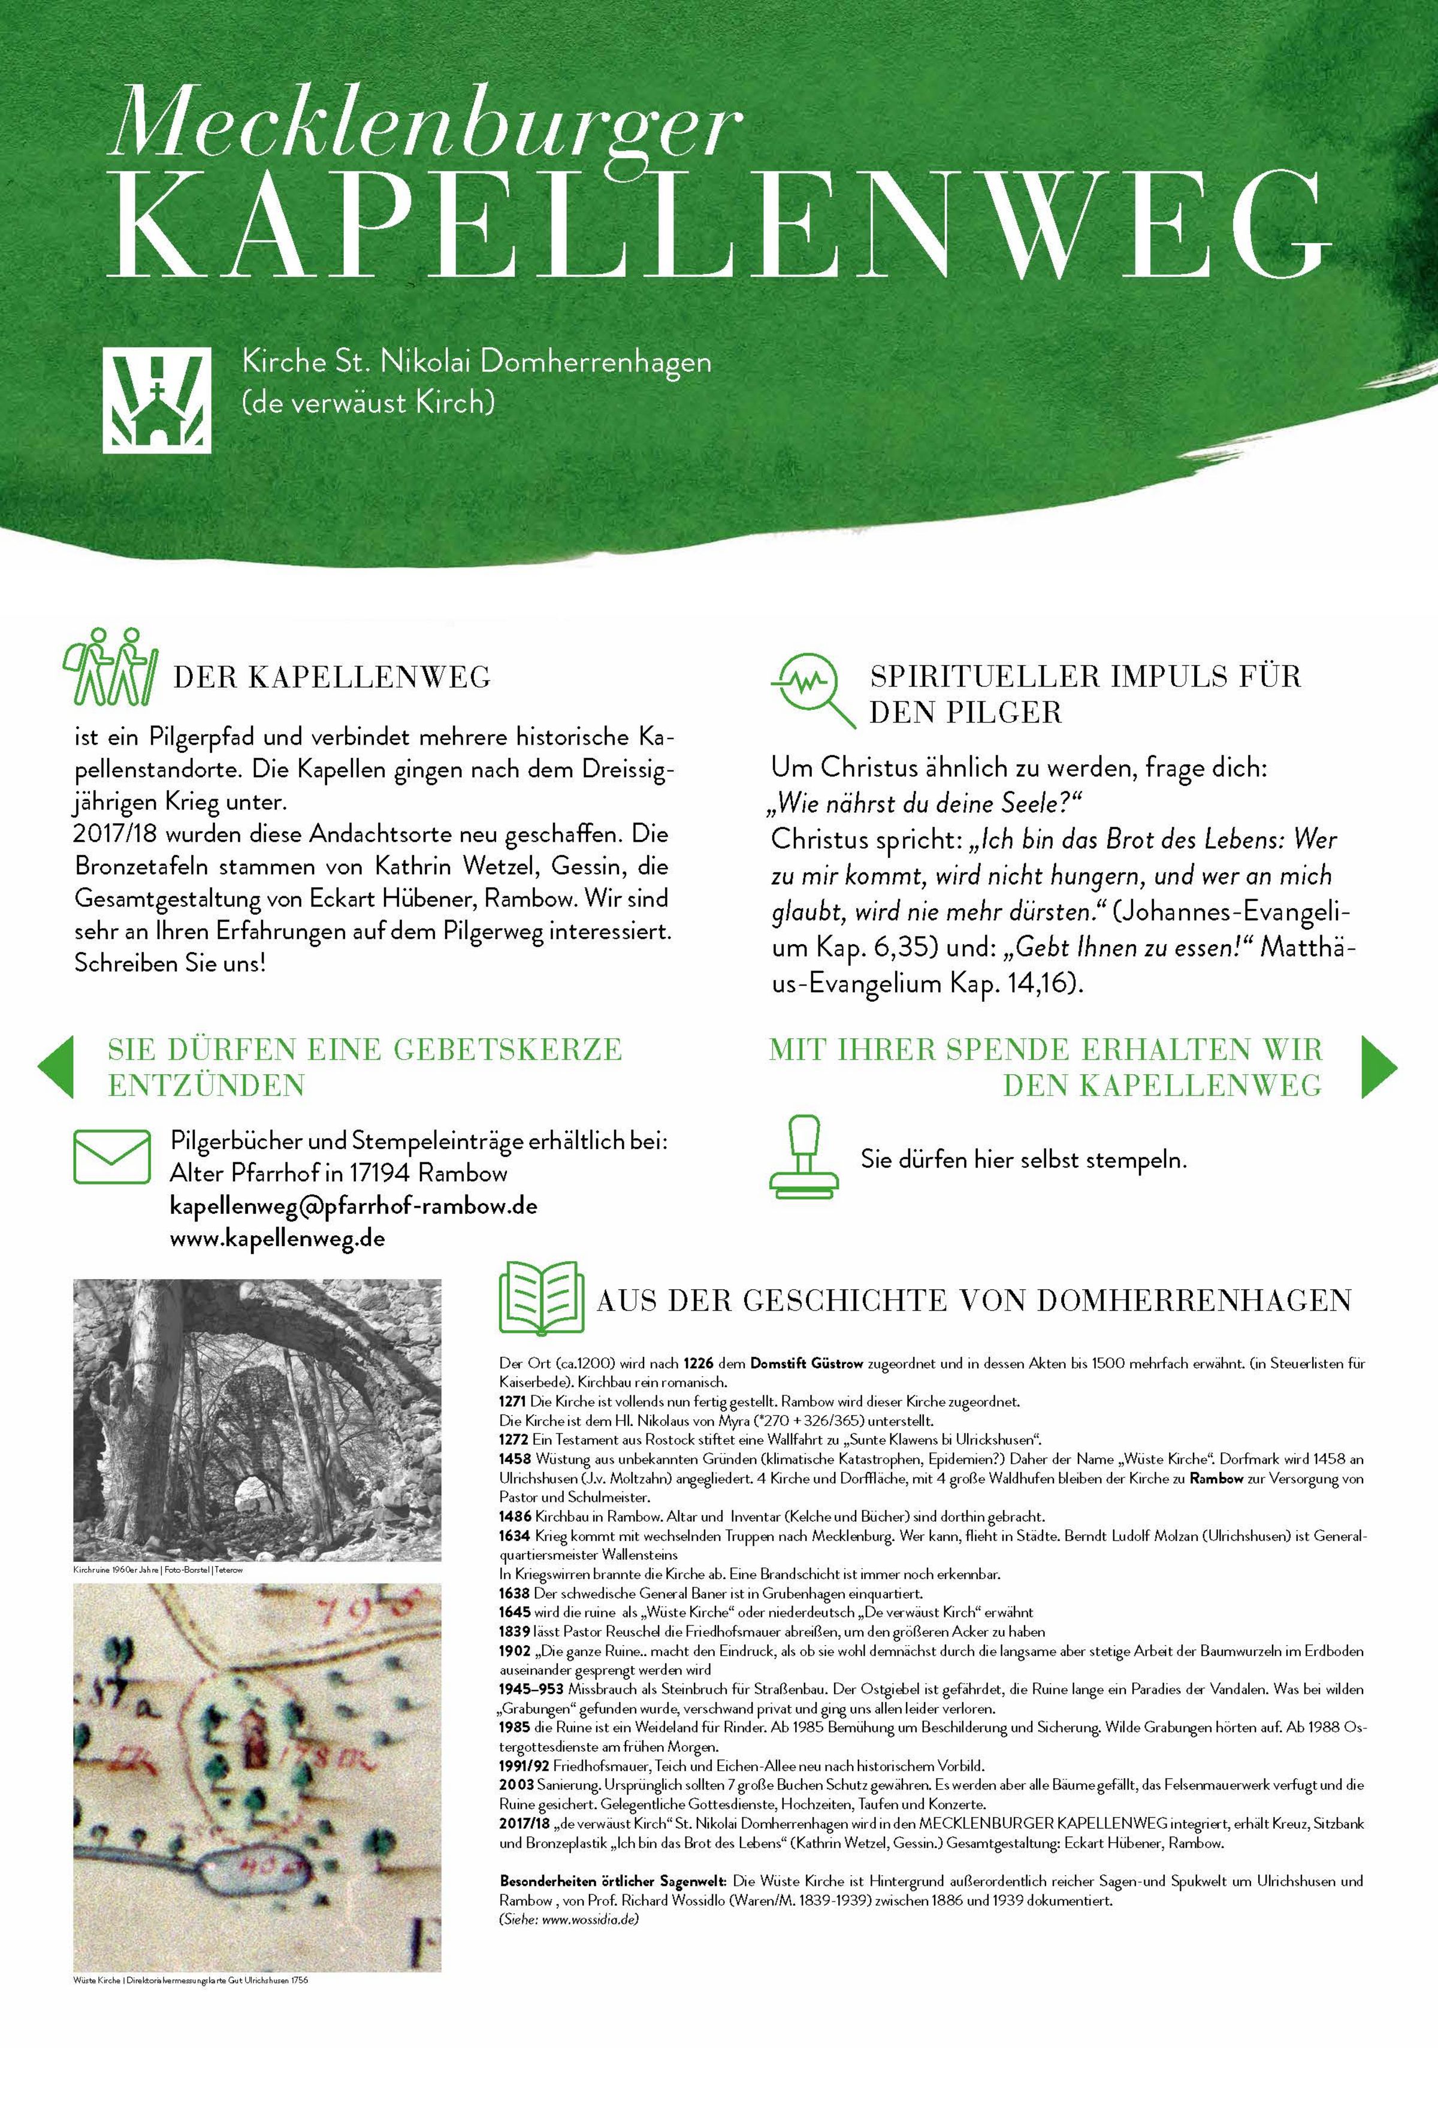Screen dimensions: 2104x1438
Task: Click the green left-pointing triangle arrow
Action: pos(56,1068)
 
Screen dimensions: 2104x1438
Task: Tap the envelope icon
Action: pos(111,1156)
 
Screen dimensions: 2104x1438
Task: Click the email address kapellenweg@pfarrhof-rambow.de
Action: pos(353,1206)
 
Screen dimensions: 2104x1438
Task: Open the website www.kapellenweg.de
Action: pos(277,1238)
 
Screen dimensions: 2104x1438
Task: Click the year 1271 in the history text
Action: pos(514,1401)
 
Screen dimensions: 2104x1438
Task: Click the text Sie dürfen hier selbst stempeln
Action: pos(1023,1160)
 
